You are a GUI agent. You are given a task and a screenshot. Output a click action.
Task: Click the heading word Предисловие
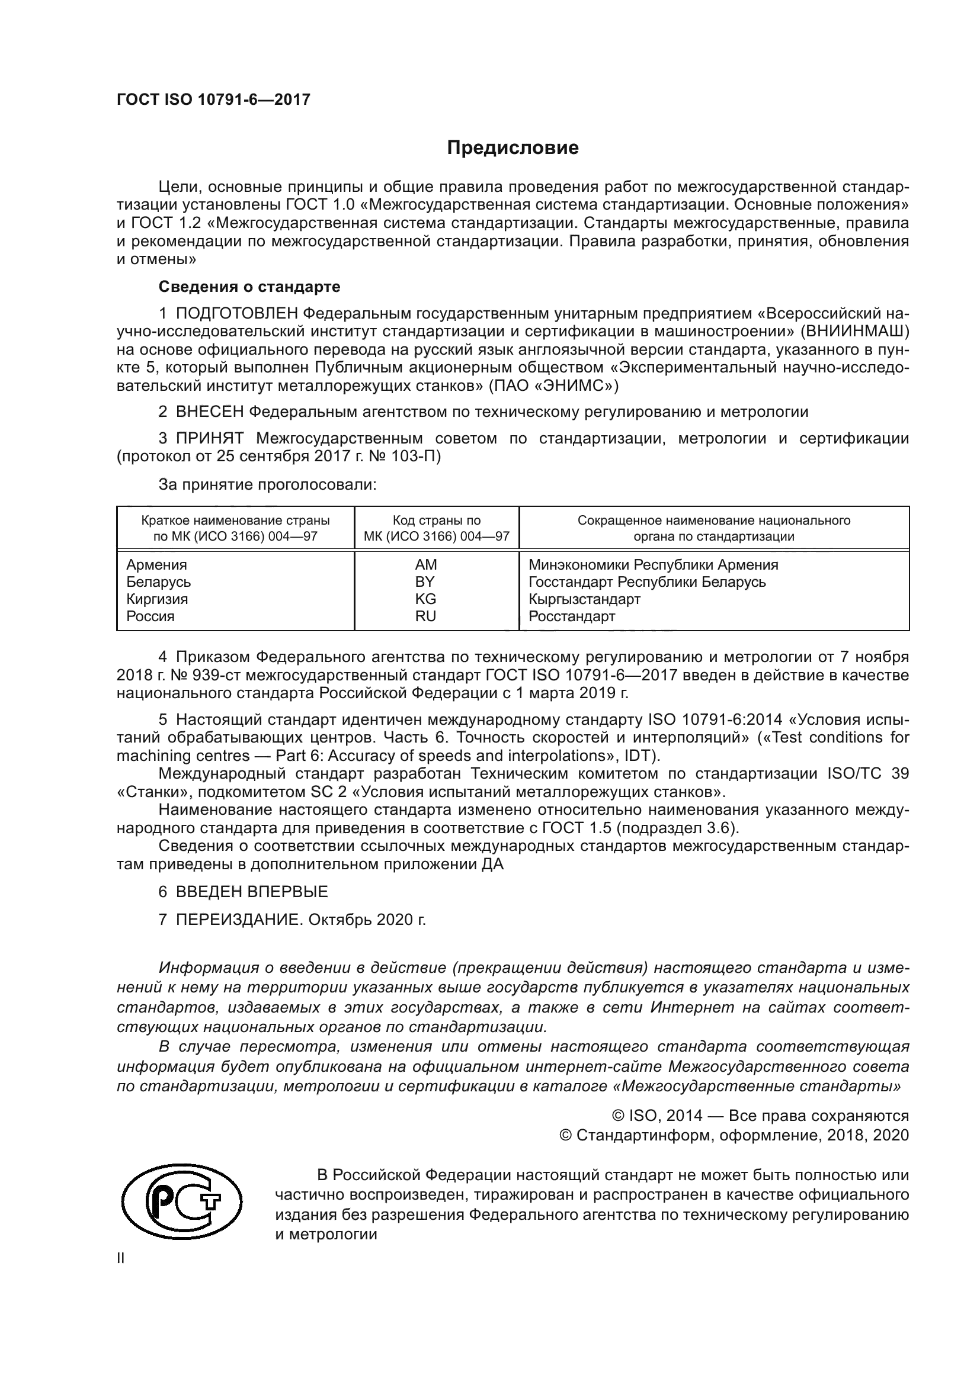(513, 148)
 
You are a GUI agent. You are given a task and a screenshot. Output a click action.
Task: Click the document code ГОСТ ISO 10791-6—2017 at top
(213, 99)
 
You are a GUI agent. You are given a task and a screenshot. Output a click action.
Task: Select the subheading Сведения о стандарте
(249, 287)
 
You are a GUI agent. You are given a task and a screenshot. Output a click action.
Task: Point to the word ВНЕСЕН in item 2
(209, 412)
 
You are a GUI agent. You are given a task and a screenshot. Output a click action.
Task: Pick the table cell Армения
(156, 565)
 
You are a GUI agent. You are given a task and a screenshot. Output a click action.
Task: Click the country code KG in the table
(425, 599)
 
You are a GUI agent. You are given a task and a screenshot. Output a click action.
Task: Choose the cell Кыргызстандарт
(584, 599)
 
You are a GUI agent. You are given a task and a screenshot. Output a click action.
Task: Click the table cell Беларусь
(158, 581)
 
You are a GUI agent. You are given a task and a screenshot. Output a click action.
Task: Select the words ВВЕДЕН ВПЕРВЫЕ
(252, 892)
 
